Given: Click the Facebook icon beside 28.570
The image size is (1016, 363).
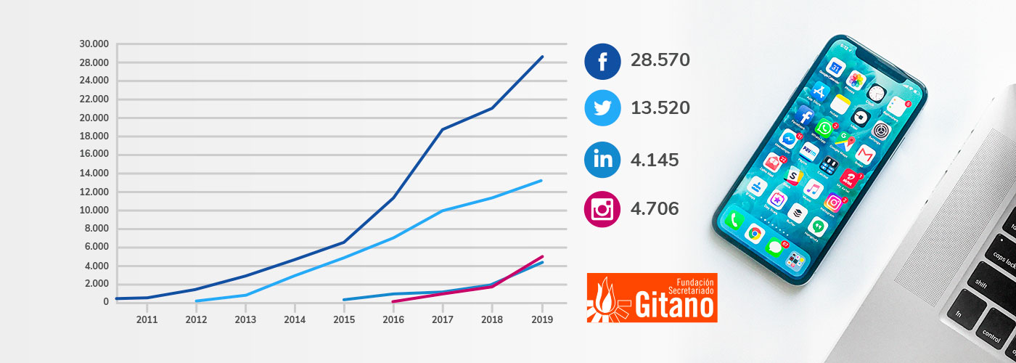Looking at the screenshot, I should pyautogui.click(x=602, y=61).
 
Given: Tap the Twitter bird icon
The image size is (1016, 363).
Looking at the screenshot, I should pyautogui.click(x=602, y=108).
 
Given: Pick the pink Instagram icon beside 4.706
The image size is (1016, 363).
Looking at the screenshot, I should pyautogui.click(x=602, y=209).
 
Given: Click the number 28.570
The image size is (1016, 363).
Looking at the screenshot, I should pyautogui.click(x=660, y=60).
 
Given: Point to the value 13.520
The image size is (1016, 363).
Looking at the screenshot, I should pyautogui.click(x=660, y=108).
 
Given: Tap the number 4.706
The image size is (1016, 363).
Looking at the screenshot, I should pyautogui.click(x=655, y=209).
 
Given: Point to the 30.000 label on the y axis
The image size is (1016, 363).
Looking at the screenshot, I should pyautogui.click(x=94, y=44).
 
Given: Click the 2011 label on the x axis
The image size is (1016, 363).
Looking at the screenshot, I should pyautogui.click(x=147, y=319).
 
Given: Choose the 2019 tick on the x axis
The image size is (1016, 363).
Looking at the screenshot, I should pyautogui.click(x=541, y=319).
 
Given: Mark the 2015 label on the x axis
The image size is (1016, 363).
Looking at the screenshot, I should pyautogui.click(x=344, y=319).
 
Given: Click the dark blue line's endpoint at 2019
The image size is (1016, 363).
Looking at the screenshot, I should pyautogui.click(x=542, y=57).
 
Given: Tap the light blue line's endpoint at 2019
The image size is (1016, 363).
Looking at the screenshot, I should pyautogui.click(x=541, y=181).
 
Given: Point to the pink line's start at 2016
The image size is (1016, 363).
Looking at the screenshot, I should pyautogui.click(x=393, y=301).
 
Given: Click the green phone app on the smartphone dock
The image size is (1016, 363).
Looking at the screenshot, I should pyautogui.click(x=733, y=220).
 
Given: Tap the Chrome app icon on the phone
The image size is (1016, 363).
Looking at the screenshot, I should pyautogui.click(x=755, y=233).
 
